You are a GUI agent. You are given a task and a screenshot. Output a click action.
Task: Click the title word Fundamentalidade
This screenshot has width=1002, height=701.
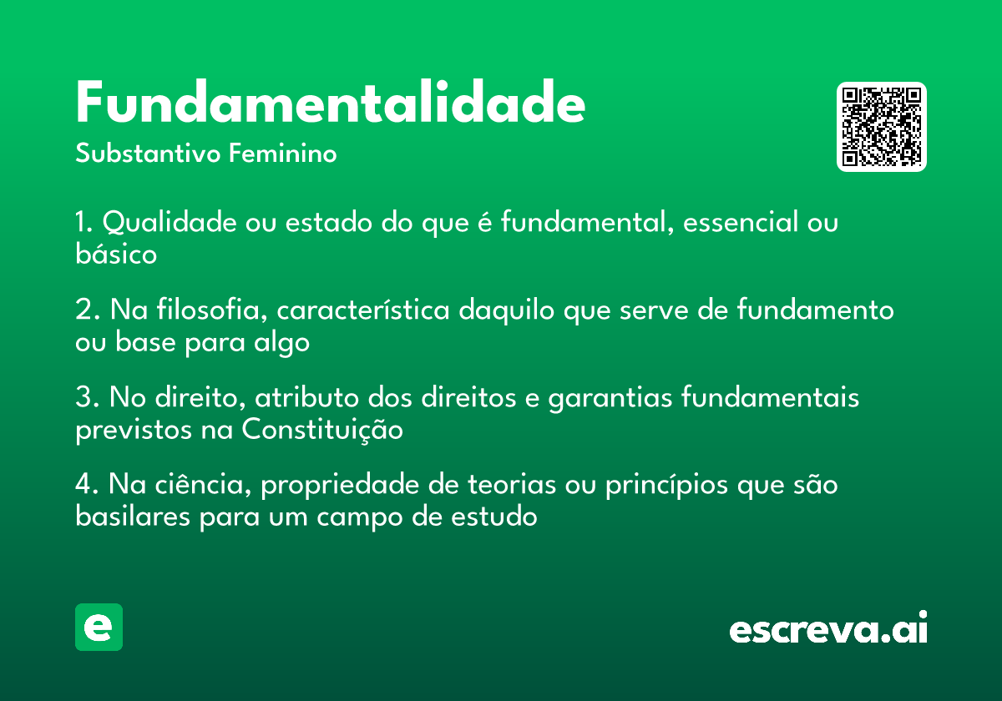point(330,102)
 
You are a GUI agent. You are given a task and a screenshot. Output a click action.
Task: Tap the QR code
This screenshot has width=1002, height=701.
point(881,127)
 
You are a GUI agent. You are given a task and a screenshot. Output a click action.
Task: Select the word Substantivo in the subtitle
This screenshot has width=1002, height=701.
point(148,154)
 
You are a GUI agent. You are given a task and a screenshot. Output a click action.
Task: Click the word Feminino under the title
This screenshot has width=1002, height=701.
point(283,153)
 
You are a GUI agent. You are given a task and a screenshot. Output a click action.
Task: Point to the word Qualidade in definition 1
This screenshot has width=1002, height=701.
point(170,222)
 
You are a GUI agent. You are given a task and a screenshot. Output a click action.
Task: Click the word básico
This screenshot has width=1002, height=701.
point(116,254)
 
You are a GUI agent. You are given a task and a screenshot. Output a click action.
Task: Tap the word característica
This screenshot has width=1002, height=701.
point(363,310)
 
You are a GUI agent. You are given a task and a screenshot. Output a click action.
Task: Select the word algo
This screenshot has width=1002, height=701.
point(282,343)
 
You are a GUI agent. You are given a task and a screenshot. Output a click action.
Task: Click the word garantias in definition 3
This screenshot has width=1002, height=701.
point(610,398)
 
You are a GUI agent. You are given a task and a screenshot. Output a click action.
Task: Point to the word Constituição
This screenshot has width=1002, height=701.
point(322,430)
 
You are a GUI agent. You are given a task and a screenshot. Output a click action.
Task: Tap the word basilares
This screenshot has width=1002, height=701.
point(133,517)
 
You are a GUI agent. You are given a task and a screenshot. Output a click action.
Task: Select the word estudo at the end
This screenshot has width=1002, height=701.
point(493,517)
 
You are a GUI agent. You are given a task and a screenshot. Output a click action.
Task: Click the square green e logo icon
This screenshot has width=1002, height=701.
point(99,627)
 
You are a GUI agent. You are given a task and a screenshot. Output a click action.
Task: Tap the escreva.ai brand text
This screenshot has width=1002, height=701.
point(828,628)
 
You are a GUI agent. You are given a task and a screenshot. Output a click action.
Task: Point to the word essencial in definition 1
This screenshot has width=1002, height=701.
point(741,222)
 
